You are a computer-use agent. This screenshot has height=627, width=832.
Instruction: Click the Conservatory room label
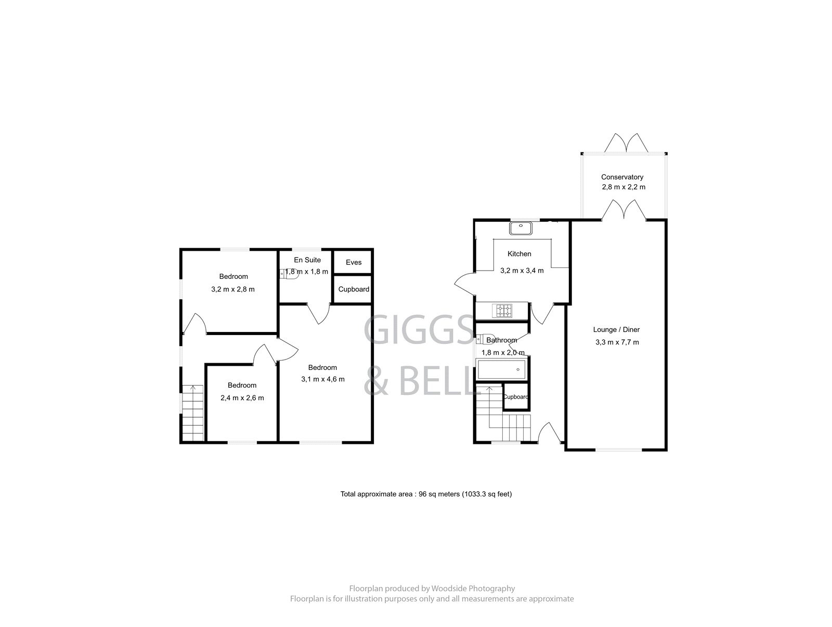click(622, 177)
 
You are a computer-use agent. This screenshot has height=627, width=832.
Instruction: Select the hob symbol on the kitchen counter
click(504, 311)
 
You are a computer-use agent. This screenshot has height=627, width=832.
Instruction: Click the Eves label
click(354, 262)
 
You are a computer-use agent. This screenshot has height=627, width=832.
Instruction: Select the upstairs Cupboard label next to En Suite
click(354, 289)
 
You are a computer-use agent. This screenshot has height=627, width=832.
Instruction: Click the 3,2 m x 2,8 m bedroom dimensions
click(233, 289)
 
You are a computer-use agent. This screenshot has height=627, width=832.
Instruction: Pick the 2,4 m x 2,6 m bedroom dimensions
click(242, 398)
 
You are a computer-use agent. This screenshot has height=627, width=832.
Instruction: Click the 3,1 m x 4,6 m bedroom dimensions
click(322, 379)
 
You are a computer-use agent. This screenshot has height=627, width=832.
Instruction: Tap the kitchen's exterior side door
click(464, 283)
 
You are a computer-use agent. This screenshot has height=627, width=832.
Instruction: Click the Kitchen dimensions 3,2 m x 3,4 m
click(522, 271)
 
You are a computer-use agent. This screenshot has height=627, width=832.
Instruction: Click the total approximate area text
click(426, 494)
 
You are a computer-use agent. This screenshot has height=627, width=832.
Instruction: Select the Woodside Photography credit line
click(432, 588)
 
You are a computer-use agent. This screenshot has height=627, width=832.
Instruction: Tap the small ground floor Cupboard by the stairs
click(516, 396)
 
